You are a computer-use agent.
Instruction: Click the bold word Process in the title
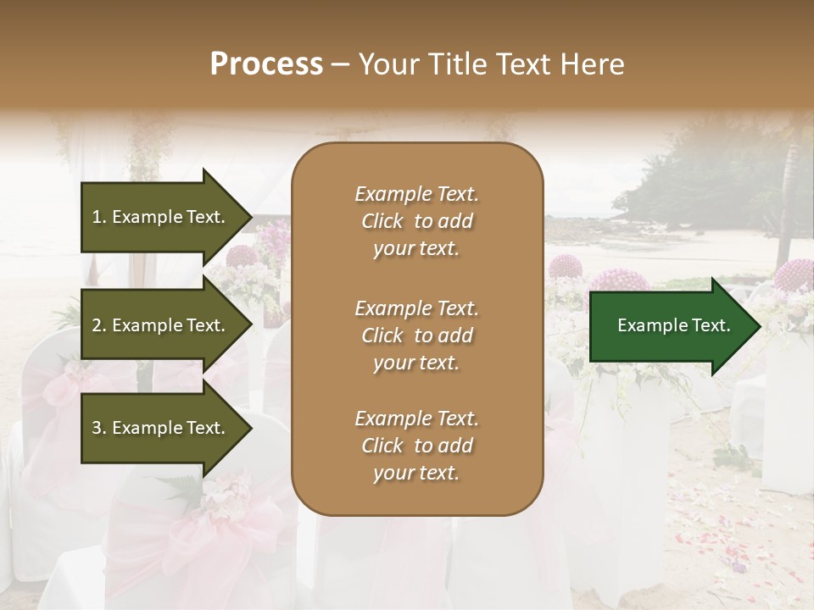pos(266,64)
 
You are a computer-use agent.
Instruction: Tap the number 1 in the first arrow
pos(97,217)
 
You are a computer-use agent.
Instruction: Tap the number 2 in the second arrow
pos(97,325)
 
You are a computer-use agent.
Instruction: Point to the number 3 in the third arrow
pos(97,428)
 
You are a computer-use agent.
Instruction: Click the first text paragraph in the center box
pos(416,221)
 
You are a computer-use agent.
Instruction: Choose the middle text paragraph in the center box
pos(416,335)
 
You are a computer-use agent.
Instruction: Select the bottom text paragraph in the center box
pos(416,446)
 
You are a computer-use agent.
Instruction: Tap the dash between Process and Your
pos(341,64)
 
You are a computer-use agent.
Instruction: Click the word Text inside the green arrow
pos(713,326)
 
